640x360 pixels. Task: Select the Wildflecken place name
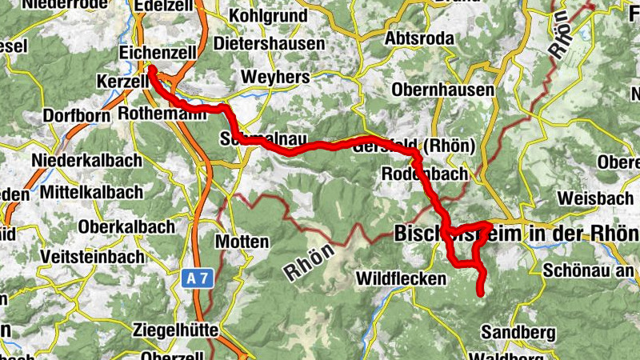click(400, 278)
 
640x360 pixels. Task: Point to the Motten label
click(242, 241)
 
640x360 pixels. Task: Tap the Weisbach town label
click(592, 197)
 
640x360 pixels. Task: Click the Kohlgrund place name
click(268, 15)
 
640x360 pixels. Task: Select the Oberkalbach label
click(126, 226)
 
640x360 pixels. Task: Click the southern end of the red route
click(481, 294)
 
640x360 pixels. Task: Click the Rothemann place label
click(162, 114)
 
